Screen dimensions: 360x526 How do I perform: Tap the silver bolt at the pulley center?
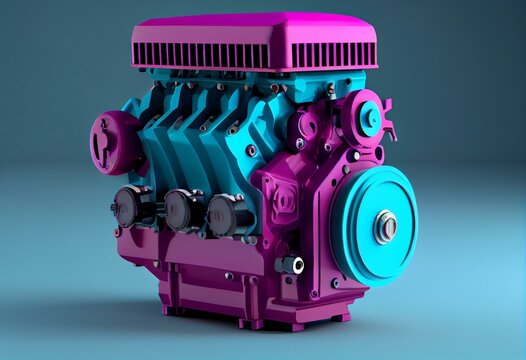(x=386, y=226)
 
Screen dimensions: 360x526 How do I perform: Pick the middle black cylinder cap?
(x=183, y=210)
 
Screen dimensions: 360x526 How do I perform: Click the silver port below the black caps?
(x=293, y=264)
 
